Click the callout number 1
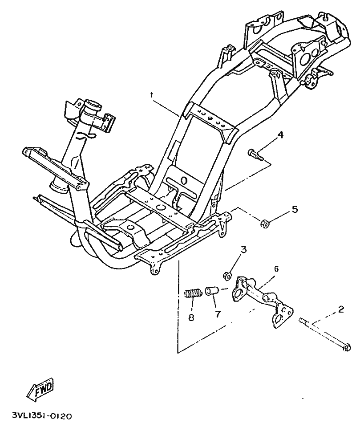(x=152, y=95)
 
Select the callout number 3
(x=243, y=249)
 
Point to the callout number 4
(x=280, y=134)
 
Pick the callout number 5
(x=295, y=209)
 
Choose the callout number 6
(x=276, y=269)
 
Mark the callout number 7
(x=218, y=313)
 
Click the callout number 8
(x=191, y=317)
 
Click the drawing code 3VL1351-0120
(x=42, y=416)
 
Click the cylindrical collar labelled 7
(x=213, y=291)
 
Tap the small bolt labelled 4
(x=255, y=155)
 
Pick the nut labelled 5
(x=264, y=224)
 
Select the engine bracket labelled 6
(x=263, y=300)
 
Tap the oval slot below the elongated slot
(x=184, y=180)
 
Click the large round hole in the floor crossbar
(x=162, y=207)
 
